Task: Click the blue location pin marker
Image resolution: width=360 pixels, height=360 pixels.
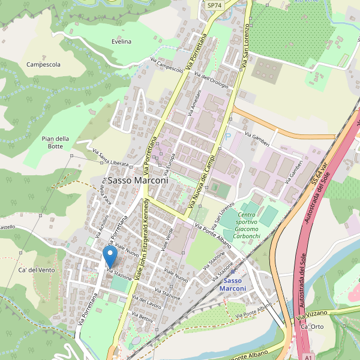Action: tap(110, 257)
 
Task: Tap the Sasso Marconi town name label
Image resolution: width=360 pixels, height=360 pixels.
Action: tap(138, 179)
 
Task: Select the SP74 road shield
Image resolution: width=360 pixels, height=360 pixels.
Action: tap(214, 5)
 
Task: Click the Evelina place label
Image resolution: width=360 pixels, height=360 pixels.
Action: tap(121, 41)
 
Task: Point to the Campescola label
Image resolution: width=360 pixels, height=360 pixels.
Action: tap(43, 64)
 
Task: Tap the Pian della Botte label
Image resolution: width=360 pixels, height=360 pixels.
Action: tap(56, 143)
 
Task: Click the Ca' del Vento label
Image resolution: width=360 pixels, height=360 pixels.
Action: tap(37, 270)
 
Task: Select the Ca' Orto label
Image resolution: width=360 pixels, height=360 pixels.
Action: tap(312, 326)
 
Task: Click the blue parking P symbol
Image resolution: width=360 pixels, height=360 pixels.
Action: tap(227, 137)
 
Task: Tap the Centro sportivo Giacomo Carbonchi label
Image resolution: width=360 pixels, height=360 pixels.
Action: tap(247, 225)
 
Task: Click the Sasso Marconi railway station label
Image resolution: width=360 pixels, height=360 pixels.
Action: tap(233, 284)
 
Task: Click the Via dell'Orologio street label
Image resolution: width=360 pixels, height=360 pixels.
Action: tap(215, 82)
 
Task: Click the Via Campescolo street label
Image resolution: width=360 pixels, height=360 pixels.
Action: tap(167, 65)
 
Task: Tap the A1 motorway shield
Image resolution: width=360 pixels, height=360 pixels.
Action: tap(308, 356)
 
